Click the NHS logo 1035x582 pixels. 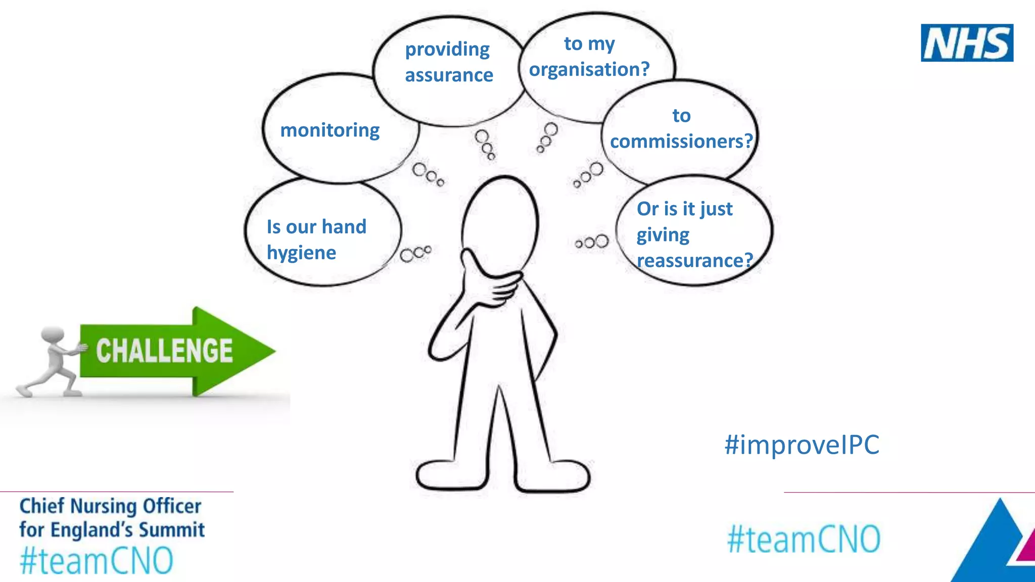(x=966, y=43)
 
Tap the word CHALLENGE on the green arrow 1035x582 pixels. (x=164, y=351)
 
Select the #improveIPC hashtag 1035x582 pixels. (x=802, y=445)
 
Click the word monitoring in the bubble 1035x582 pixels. (x=330, y=130)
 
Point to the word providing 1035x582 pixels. (x=447, y=50)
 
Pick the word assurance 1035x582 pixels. (x=449, y=75)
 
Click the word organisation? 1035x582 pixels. (x=589, y=69)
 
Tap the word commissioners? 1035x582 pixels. (x=681, y=141)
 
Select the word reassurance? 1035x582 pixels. (x=694, y=261)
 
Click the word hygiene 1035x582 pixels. (x=301, y=253)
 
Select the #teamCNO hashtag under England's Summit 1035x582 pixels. (x=97, y=560)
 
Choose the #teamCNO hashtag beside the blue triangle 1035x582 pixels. (x=804, y=539)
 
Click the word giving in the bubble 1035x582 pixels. (x=663, y=235)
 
